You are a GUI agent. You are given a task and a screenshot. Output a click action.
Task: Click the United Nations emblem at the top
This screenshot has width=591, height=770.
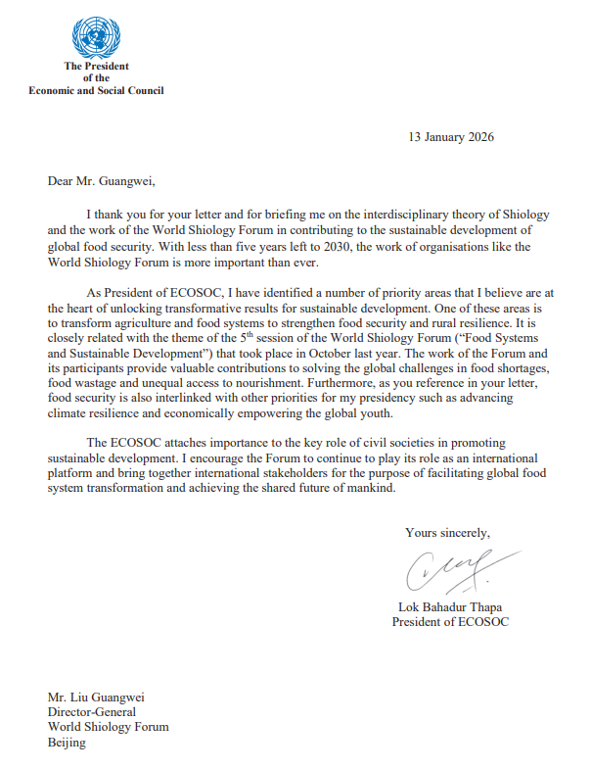[x=95, y=38]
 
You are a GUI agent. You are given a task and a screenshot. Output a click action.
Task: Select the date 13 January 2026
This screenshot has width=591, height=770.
[x=451, y=137]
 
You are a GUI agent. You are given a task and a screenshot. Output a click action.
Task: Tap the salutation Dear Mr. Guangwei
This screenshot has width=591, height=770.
[x=101, y=180]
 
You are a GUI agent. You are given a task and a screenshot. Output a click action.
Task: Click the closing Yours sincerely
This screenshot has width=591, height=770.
[x=447, y=533]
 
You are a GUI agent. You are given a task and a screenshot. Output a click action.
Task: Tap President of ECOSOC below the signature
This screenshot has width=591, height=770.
[x=450, y=622]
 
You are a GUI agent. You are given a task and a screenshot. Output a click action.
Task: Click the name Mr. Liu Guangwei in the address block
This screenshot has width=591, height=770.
[x=96, y=697]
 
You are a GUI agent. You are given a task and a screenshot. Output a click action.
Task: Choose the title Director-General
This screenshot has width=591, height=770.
[x=91, y=712]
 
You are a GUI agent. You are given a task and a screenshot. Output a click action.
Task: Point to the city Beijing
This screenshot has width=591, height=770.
[x=67, y=744]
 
